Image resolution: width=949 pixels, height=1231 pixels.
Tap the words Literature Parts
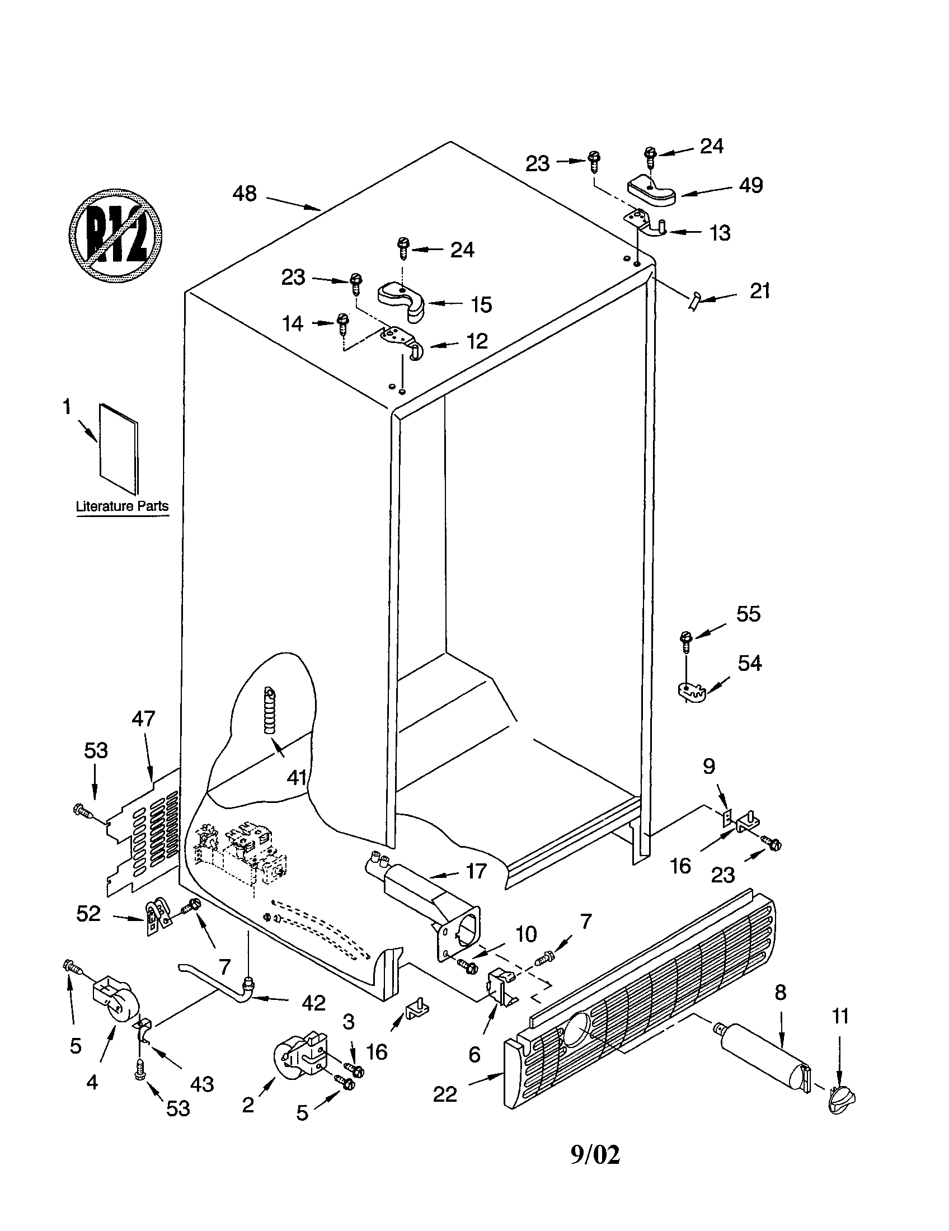[123, 506]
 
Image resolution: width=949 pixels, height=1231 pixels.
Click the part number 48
[245, 194]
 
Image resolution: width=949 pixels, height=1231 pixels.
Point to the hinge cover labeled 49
[651, 191]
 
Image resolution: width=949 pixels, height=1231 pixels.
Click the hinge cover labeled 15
[402, 301]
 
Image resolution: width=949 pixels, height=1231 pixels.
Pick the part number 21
[759, 292]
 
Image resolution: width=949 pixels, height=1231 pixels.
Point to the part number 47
[143, 718]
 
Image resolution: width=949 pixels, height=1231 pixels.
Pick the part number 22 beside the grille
[445, 1094]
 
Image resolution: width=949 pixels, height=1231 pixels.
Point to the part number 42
[313, 1003]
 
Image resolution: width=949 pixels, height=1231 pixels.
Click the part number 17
[476, 871]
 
